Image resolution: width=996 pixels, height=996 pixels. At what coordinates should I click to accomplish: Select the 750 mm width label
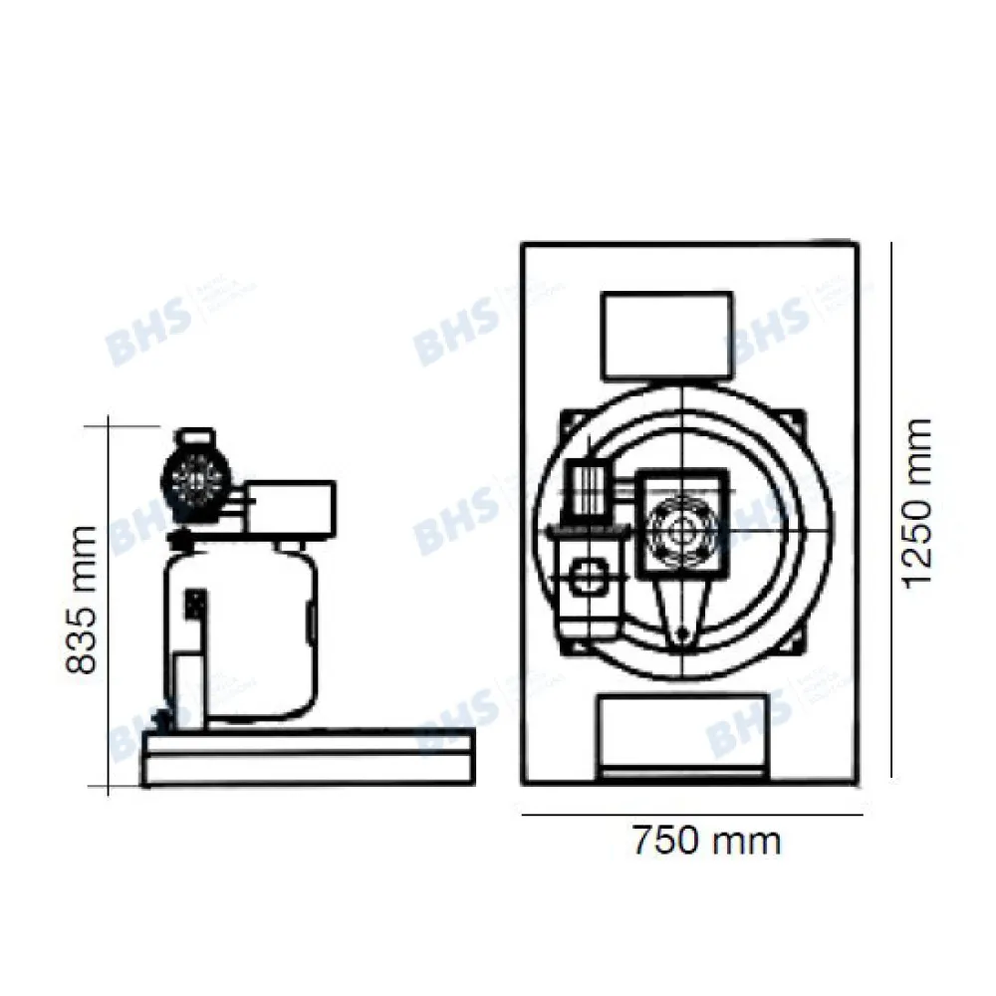click(706, 842)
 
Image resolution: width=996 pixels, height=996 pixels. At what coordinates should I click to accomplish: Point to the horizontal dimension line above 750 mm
click(692, 815)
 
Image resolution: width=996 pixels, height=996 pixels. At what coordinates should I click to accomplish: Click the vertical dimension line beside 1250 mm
click(889, 508)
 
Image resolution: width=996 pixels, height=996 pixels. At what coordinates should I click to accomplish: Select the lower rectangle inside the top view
click(682, 732)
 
